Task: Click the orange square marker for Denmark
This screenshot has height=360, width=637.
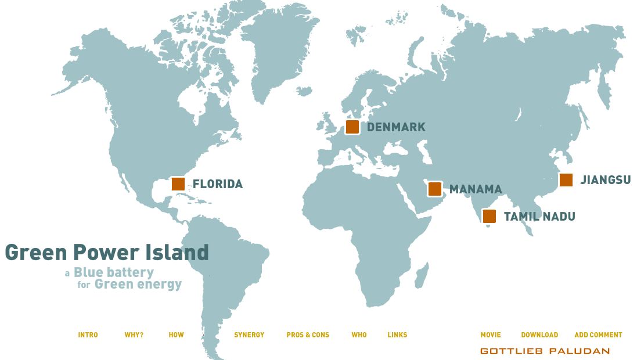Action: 352,127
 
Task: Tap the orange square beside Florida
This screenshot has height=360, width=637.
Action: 178,184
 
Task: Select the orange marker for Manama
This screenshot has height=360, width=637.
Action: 435,189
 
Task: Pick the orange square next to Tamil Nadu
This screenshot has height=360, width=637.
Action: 490,217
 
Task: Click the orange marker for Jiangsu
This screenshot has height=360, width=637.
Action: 566,180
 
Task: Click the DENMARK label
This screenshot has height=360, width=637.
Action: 396,127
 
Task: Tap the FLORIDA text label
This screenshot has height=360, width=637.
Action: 218,184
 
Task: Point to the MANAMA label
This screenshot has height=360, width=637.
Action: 476,189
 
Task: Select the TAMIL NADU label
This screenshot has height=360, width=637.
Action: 539,217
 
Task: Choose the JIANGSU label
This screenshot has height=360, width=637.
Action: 606,180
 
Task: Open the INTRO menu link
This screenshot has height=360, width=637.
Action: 88,335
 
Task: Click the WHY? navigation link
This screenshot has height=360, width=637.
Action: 134,335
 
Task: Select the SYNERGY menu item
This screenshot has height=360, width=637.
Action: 249,335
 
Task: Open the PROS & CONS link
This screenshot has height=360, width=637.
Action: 308,335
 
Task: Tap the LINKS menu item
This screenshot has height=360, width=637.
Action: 397,335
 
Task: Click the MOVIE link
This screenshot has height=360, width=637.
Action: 491,335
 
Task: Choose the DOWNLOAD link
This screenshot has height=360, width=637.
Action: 539,335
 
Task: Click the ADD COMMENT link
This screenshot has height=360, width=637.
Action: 598,335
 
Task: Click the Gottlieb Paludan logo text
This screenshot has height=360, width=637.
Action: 545,351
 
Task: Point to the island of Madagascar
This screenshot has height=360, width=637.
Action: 422,275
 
